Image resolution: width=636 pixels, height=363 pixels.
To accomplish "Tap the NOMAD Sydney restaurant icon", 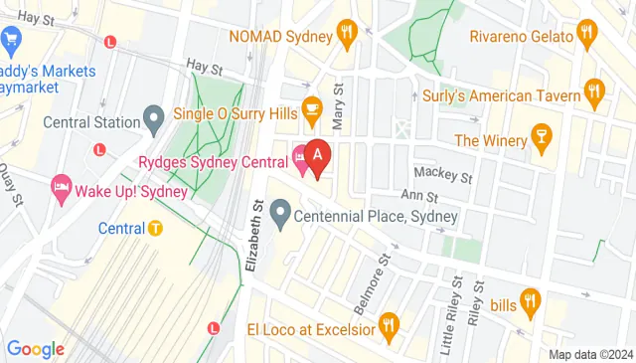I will (x=347, y=35).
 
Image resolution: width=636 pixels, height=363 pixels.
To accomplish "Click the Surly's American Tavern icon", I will (x=594, y=95).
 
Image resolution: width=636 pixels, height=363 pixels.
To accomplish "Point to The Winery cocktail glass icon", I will (x=542, y=138).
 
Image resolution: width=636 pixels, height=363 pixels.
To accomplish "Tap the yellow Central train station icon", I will (x=155, y=229).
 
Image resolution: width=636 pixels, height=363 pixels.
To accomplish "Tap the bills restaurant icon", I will (x=530, y=302).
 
